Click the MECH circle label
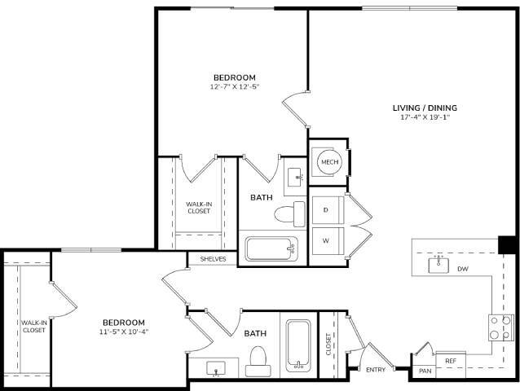tap(329, 162)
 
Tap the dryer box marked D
tap(326, 210)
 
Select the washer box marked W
tap(326, 241)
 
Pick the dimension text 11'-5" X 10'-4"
tap(123, 332)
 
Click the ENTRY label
tap(376, 370)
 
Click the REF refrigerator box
tap(450, 360)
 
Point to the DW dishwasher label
tap(462, 268)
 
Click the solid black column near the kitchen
tap(507, 244)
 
